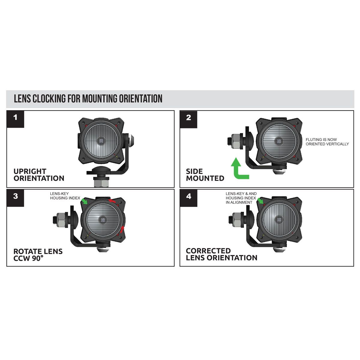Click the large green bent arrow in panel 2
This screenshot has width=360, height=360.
point(239,169)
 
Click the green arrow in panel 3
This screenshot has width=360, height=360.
point(85,201)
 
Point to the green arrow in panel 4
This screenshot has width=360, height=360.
point(260,201)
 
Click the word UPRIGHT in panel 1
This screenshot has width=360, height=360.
point(30,171)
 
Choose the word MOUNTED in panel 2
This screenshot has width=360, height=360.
point(205,178)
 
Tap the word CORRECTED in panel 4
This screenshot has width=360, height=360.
point(208,251)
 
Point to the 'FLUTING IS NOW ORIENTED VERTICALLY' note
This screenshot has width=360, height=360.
point(327,142)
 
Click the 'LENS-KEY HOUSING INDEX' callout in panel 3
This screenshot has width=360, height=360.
point(65,196)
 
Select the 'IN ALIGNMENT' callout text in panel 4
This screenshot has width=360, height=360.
point(239,202)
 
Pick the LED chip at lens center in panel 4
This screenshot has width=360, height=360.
point(280,220)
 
